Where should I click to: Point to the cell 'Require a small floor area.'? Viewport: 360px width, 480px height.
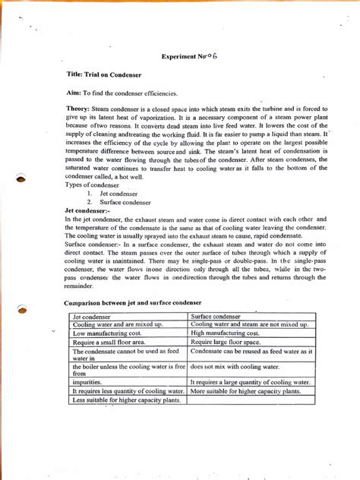[109, 343]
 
